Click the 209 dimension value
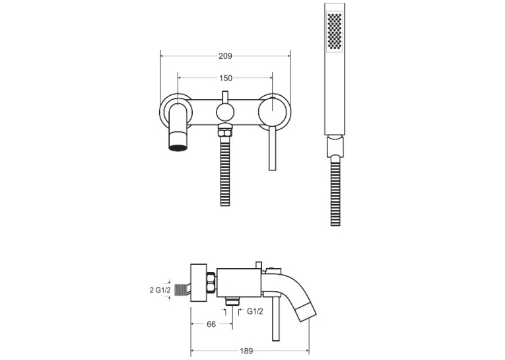(225, 56)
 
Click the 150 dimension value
(226, 78)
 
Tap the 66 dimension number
(211, 324)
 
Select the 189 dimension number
(246, 351)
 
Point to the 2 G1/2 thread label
(160, 290)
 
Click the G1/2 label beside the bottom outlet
(255, 311)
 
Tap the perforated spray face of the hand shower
(334, 31)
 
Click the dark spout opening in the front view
(178, 148)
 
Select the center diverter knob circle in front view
(225, 113)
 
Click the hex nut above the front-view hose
(225, 133)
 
